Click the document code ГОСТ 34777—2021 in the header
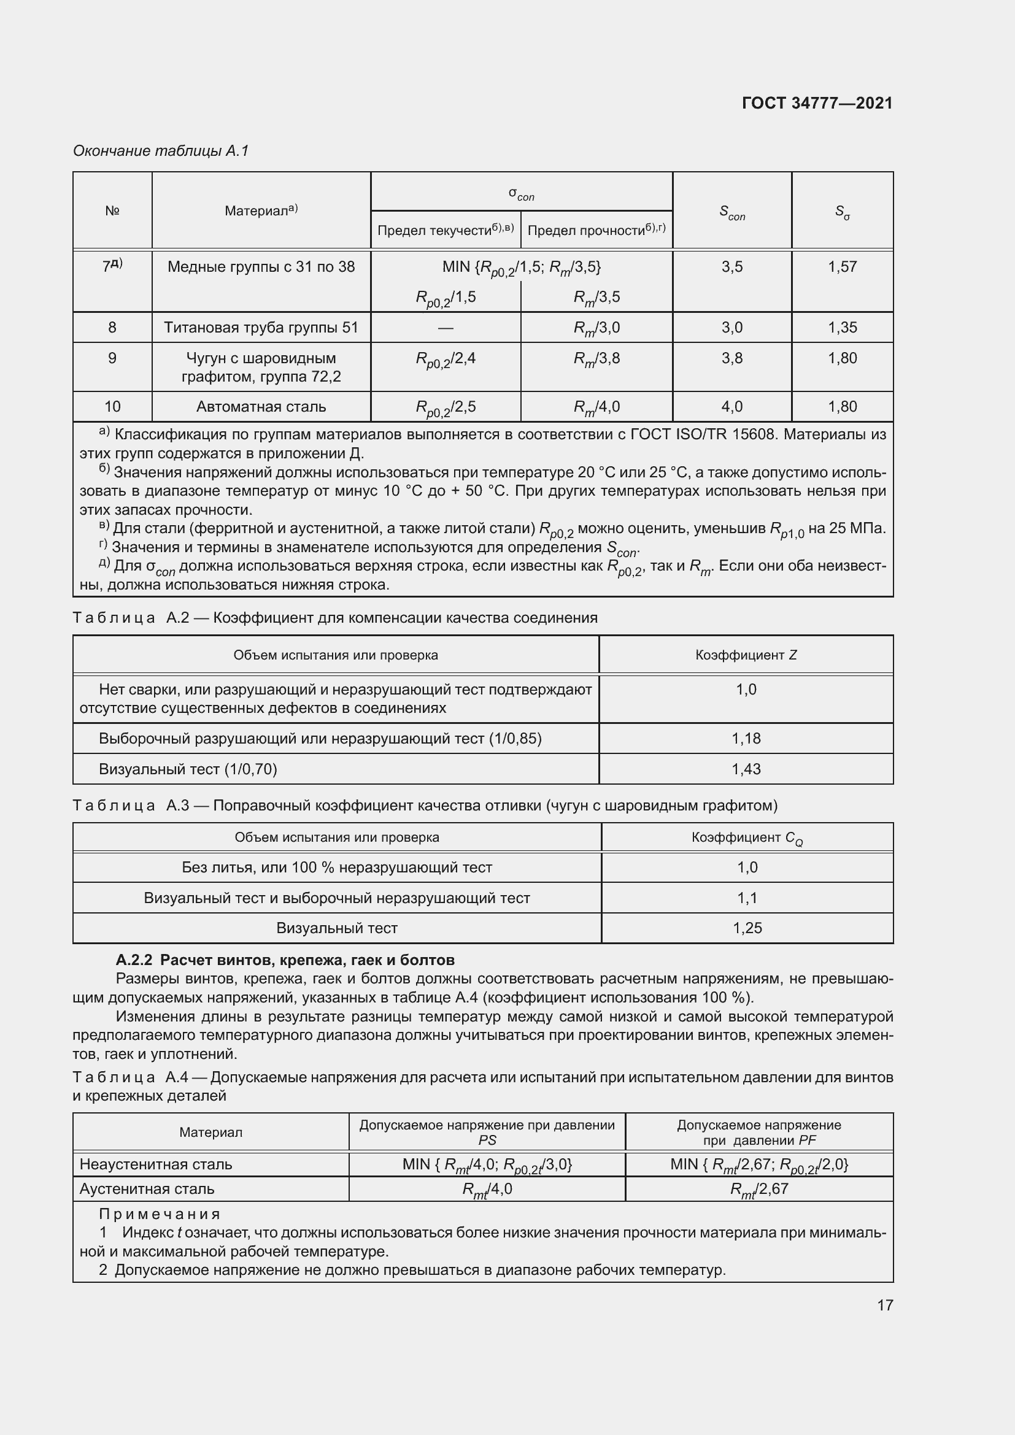pos(817,103)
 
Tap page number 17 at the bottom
pos(884,1305)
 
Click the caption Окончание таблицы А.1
pos(161,151)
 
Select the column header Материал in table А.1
pos(261,210)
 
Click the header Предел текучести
pos(445,230)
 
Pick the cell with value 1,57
pos(842,267)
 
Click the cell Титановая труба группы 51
pos(261,328)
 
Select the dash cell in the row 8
pos(445,328)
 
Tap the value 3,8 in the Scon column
pos(732,358)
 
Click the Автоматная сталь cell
pos(261,407)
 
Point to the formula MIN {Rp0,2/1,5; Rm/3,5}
pos(521,267)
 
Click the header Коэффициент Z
pos(746,655)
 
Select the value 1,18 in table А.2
pos(746,739)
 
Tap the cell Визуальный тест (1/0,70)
pos(188,769)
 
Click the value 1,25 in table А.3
pos(747,928)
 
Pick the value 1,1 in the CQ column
pos(747,898)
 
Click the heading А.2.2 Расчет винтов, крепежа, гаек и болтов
pos(285,960)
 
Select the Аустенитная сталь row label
pos(147,1189)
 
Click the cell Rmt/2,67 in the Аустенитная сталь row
pos(758,1189)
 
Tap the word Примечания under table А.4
pos(160,1214)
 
